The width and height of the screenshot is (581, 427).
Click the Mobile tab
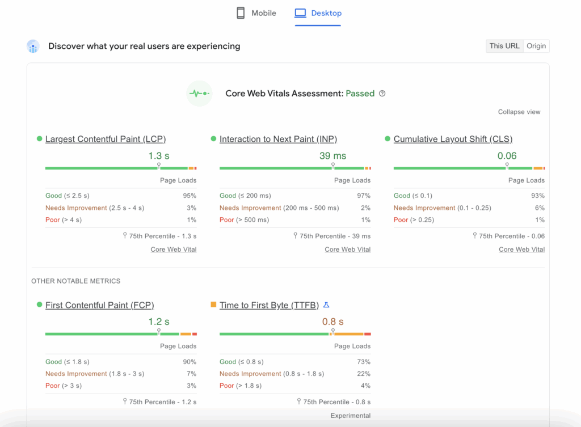256,13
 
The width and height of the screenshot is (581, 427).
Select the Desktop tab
318,13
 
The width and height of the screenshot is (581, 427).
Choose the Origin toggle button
536,46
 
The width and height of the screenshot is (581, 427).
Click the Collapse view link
519,112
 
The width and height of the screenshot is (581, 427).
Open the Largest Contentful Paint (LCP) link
106,139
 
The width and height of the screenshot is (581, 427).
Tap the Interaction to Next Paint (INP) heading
278,139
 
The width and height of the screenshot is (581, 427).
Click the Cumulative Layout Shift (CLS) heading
453,139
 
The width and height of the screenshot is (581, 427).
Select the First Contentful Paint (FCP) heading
99,305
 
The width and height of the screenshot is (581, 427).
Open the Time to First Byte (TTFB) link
269,305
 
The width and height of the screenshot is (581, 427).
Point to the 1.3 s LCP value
159,156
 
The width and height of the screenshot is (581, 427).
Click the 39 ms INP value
332,156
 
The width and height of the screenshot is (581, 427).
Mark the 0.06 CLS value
507,156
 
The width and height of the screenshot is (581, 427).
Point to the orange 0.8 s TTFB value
332,322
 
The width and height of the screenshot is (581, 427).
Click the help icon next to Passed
382,94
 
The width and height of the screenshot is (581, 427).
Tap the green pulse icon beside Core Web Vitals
199,94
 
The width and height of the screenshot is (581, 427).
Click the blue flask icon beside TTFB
326,305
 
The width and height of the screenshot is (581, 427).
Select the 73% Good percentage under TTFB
363,362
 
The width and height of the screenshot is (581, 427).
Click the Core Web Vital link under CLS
521,250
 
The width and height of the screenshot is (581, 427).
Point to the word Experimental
350,416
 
